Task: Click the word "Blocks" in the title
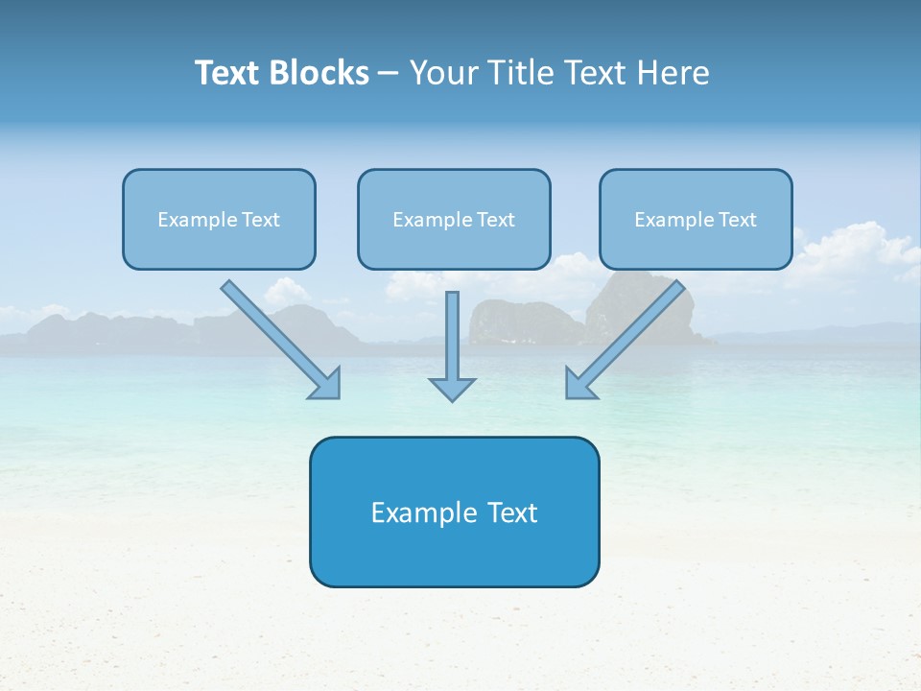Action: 321,73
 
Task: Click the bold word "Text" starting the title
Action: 229,73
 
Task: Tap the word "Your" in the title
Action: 444,73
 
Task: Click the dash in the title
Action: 389,74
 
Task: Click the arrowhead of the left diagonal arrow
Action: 325,383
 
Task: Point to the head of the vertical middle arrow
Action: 452,388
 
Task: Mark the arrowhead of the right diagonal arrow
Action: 580,383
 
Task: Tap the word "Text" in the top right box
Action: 737,220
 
